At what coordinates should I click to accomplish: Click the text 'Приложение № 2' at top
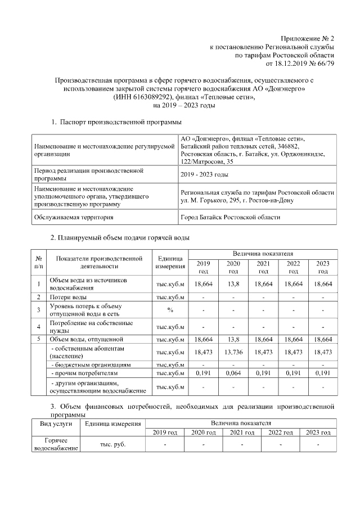pos(307,38)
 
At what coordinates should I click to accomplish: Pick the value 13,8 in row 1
pos(233,285)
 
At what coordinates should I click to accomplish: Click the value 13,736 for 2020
pos(233,352)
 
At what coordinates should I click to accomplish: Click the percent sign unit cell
pos(170,309)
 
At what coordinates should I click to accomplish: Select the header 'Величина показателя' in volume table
pos(263,255)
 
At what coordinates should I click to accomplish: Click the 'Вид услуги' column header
pos(54,422)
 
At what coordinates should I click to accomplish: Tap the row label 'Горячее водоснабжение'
pos(54,444)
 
